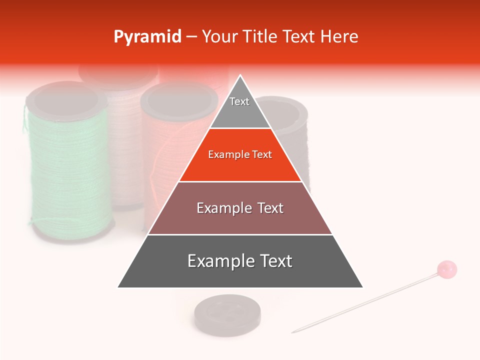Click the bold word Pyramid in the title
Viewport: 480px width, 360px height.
click(147, 37)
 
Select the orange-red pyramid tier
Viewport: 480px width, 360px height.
click(240, 155)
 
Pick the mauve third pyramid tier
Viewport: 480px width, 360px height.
click(240, 208)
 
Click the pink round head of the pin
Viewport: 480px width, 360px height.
click(447, 269)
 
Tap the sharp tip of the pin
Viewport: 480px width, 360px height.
click(293, 332)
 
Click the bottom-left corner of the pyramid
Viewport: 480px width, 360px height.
click(118, 287)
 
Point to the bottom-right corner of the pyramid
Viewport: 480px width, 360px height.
click(363, 287)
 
